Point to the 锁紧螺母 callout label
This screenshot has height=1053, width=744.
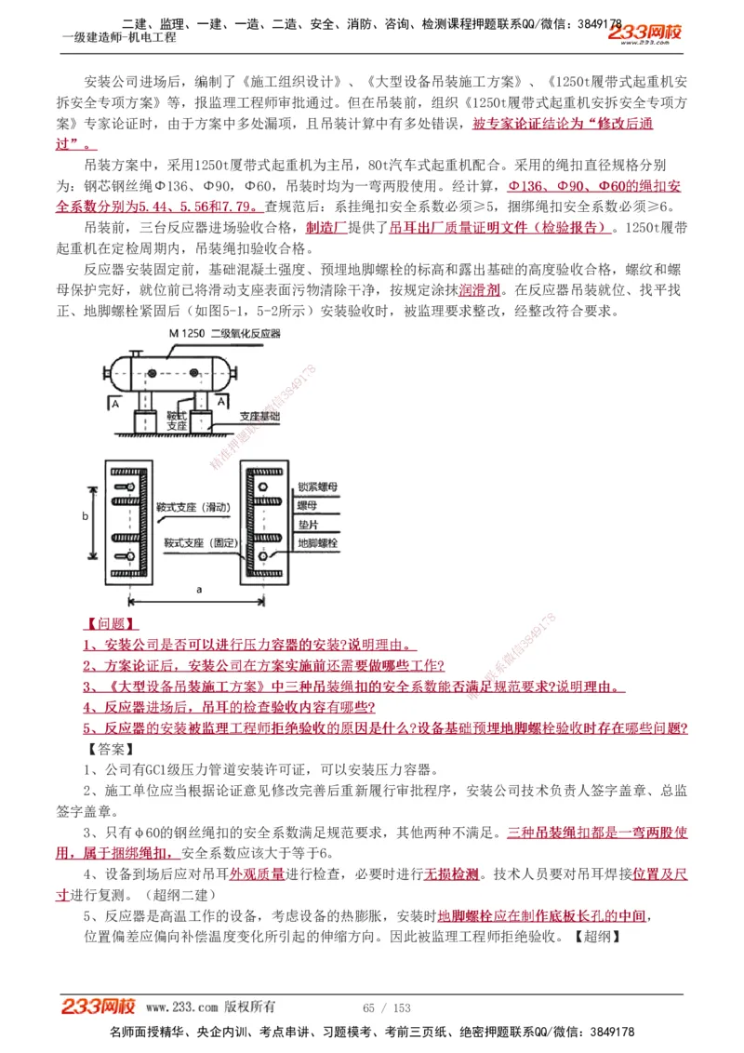tap(319, 487)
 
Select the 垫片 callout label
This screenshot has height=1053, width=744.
tap(308, 524)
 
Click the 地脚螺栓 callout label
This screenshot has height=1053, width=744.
tap(319, 541)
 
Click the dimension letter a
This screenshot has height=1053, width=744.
tap(200, 588)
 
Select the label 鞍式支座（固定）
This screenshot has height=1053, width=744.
tap(201, 540)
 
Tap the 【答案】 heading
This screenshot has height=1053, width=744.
tap(106, 749)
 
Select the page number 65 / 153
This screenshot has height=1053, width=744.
tap(387, 1008)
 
